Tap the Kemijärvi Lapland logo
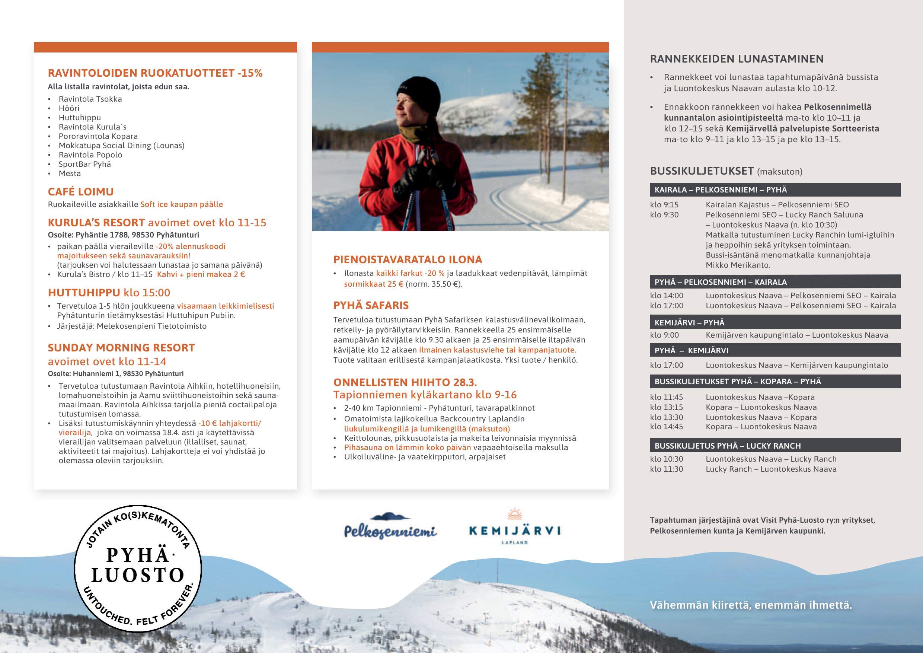click(515, 528)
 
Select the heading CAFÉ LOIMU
click(81, 192)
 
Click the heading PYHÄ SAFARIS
click(371, 306)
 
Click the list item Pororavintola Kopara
click(98, 136)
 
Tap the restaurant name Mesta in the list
click(70, 174)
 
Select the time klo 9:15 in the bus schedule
click(664, 205)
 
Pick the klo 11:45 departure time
click(666, 397)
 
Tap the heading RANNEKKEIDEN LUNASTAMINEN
click(737, 59)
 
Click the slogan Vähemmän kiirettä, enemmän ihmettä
click(751, 605)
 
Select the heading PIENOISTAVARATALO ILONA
click(408, 260)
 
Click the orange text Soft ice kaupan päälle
click(182, 204)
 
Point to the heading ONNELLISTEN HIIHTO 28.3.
click(405, 382)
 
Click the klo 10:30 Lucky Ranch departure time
click(666, 459)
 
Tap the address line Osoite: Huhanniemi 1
click(115, 373)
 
